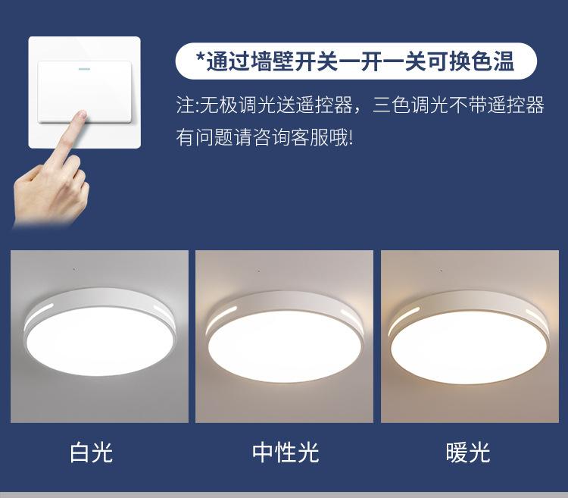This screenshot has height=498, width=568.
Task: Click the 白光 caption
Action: pos(92,452)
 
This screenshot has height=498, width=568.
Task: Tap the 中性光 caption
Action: pos(286,452)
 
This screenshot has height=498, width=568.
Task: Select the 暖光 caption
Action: pos(468,452)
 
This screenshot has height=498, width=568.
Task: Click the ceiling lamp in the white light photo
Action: pos(100,332)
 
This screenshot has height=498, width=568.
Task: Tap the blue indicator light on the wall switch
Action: pos(84,68)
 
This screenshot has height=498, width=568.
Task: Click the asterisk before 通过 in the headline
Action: pos(201,57)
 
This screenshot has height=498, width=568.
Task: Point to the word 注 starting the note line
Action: pos(185,105)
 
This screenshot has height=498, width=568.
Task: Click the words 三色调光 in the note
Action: pos(411,105)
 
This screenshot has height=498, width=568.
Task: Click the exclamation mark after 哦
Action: pos(350,138)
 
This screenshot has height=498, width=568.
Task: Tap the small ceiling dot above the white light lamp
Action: pos(74,269)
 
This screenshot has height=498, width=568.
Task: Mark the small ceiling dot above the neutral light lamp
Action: pos(258,271)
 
